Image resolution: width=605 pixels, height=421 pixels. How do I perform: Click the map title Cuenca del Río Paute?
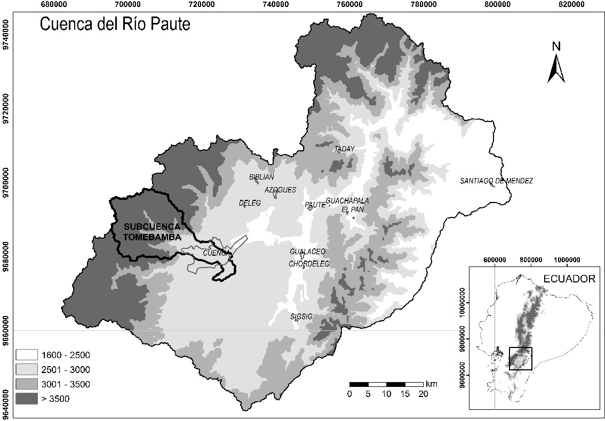(115, 24)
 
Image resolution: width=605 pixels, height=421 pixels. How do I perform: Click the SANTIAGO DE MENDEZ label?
(496, 181)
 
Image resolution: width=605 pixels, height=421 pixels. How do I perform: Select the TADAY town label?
(344, 149)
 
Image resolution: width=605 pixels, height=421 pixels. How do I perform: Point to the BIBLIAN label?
(261, 177)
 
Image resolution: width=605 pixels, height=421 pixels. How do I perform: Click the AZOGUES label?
(280, 190)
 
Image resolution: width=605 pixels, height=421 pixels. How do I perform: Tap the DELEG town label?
(250, 203)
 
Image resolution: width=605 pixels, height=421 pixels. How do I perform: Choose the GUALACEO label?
(307, 252)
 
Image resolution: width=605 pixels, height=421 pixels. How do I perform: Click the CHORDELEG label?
(309, 264)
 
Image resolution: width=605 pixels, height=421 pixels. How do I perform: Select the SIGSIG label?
(301, 317)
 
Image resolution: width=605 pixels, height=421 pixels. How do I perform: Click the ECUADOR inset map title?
(569, 279)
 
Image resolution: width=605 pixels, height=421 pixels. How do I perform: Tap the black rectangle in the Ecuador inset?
(521, 359)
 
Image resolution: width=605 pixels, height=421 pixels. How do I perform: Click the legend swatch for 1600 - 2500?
(27, 355)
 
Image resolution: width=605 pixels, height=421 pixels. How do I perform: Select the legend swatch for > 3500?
(27, 399)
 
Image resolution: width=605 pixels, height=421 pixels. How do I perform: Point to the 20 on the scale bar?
(423, 394)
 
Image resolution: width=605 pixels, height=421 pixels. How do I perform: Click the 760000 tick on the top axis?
(350, 4)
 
